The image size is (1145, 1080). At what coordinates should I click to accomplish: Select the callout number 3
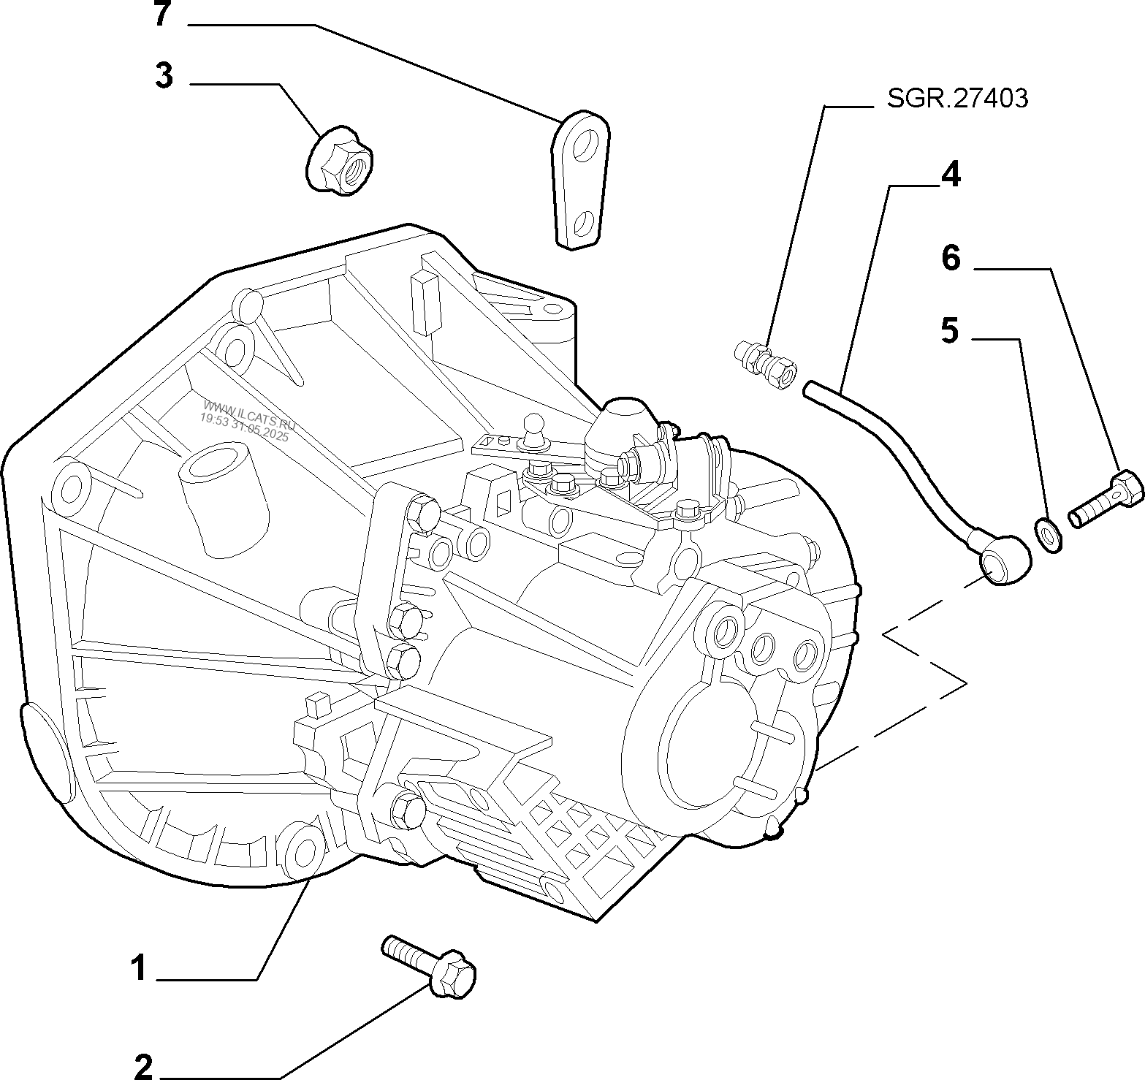tap(164, 76)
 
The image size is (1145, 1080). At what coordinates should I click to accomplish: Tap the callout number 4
tap(951, 175)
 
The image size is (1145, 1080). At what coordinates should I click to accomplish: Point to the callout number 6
tap(951, 258)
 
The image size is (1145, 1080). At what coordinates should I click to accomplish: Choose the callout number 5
tap(949, 330)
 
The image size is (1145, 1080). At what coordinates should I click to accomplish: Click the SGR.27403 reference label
tap(957, 99)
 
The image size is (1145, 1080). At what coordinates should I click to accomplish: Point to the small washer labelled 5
tap(1049, 534)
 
